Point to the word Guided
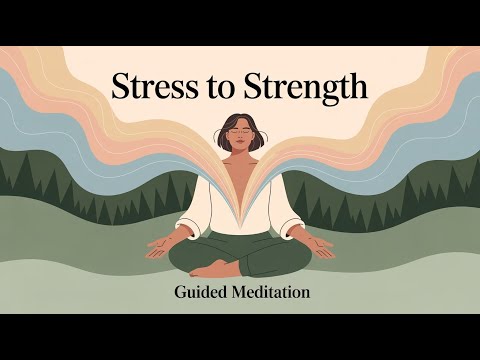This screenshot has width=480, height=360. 201,292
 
